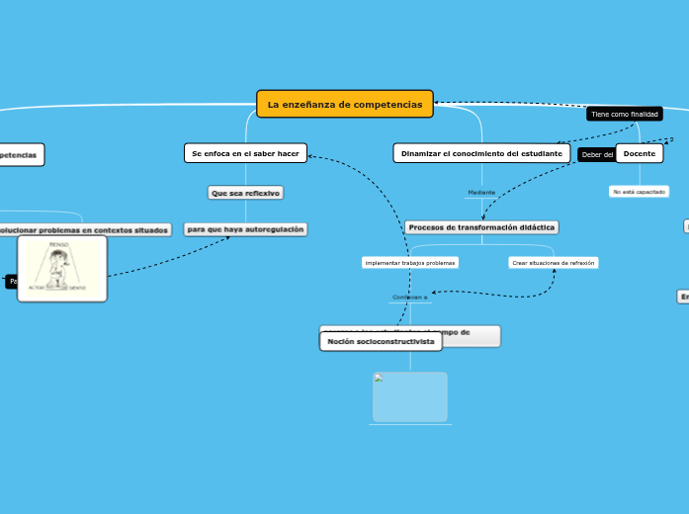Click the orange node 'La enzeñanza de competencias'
(x=345, y=104)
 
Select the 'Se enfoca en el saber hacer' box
(x=245, y=153)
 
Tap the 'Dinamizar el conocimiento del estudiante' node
(x=481, y=153)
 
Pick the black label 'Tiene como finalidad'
(x=624, y=114)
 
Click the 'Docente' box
(x=640, y=153)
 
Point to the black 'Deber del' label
(x=597, y=154)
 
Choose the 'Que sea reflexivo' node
(x=245, y=193)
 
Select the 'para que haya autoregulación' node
(x=245, y=229)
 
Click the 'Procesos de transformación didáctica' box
(x=481, y=227)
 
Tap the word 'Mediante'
(x=481, y=192)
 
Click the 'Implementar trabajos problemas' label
(x=410, y=263)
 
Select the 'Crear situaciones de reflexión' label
(x=554, y=263)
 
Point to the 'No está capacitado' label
(x=639, y=192)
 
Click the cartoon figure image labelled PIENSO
(x=62, y=268)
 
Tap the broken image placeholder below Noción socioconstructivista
(x=410, y=396)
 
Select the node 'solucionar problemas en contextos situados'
(x=83, y=229)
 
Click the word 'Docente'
(x=640, y=153)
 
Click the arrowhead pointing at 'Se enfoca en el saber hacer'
(x=310, y=155)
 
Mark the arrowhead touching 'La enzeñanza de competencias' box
(x=437, y=103)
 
